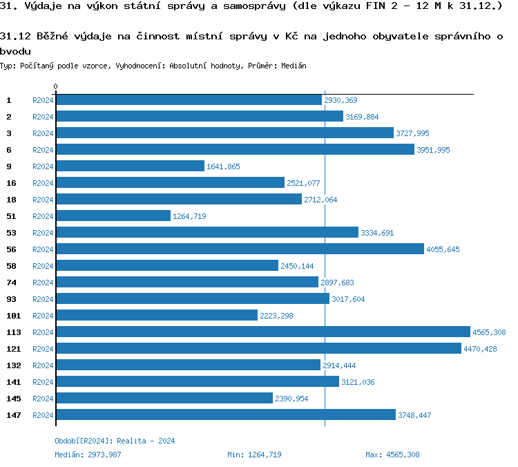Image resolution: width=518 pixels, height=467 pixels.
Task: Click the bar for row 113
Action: click(x=262, y=332)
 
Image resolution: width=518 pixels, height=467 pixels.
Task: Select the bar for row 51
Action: click(x=113, y=216)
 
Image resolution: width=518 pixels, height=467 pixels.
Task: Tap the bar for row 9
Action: click(x=130, y=166)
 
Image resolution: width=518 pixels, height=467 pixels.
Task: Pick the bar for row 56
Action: click(x=240, y=249)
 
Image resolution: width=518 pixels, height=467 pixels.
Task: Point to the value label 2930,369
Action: click(x=340, y=100)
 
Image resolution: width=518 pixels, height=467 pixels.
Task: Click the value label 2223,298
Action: click(x=276, y=316)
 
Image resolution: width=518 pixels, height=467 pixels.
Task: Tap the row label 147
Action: click(x=13, y=415)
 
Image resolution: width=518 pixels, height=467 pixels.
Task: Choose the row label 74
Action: click(x=11, y=283)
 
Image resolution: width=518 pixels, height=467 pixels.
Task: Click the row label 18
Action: click(x=11, y=200)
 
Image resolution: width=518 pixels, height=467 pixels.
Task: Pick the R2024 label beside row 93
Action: click(x=43, y=299)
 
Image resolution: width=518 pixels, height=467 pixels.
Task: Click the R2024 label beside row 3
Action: click(x=43, y=133)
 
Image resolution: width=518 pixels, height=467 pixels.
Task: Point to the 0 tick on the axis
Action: click(x=55, y=87)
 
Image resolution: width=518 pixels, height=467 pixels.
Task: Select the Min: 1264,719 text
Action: click(x=254, y=455)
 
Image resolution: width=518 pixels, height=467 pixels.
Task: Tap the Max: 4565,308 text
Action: click(x=392, y=455)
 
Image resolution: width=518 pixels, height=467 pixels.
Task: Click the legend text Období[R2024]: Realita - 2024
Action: click(x=115, y=441)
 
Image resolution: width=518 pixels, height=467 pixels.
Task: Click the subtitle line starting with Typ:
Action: click(x=153, y=66)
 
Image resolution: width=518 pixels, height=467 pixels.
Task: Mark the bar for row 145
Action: click(x=164, y=399)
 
